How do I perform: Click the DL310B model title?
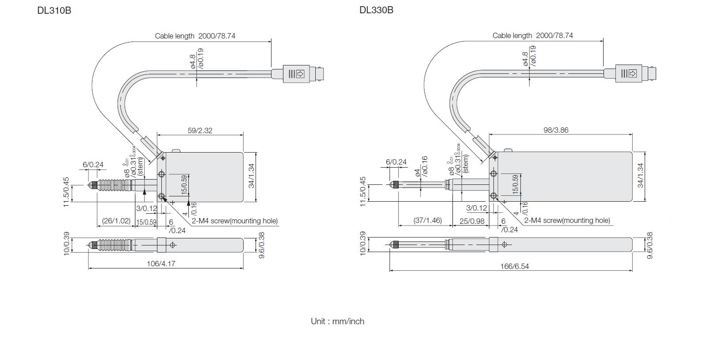click(54, 10)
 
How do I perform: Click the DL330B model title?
click(376, 10)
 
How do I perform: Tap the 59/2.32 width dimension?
click(200, 130)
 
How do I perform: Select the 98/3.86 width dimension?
click(555, 130)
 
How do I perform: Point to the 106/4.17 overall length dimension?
click(161, 264)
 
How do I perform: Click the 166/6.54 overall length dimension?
click(515, 266)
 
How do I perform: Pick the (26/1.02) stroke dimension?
click(116, 221)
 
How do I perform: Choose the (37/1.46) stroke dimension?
click(428, 220)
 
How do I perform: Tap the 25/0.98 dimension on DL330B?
click(472, 221)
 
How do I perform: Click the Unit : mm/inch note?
click(337, 322)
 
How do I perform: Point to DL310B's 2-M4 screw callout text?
click(234, 221)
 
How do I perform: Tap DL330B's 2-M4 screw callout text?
click(567, 220)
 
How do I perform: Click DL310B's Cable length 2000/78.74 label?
click(195, 36)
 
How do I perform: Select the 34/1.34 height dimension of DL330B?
click(640, 176)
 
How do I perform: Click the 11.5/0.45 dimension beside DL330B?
click(363, 191)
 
